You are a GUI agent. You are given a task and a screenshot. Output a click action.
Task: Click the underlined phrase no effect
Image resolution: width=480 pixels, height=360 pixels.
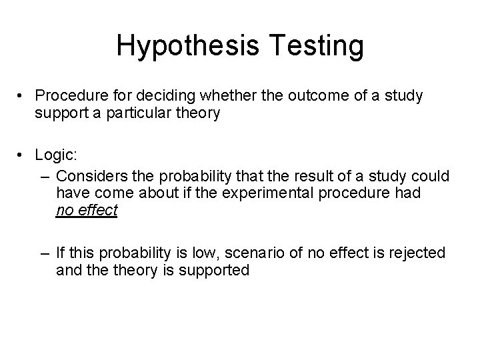87,211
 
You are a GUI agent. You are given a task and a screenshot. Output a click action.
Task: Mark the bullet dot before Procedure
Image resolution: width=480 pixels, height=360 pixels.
23,97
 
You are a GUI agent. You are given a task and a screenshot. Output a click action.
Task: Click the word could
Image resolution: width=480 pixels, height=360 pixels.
432,176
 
